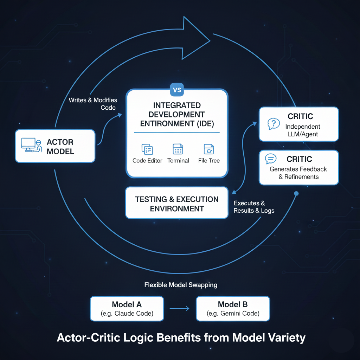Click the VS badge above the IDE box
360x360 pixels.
tap(178, 90)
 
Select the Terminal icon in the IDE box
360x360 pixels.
tap(178, 149)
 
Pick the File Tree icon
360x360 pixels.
tap(209, 149)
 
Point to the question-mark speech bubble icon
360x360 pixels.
tap(274, 123)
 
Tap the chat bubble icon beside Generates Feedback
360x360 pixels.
tap(271, 159)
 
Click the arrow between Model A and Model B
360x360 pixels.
tap(180, 309)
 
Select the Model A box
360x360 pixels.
tap(127, 308)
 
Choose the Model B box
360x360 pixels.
tap(233, 308)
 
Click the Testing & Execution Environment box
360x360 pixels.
tap(177, 203)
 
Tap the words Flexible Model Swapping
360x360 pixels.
tap(181, 285)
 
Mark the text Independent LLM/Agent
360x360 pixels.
tap(303, 130)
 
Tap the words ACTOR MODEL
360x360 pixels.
tap(60, 147)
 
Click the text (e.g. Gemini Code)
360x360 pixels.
tap(233, 314)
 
